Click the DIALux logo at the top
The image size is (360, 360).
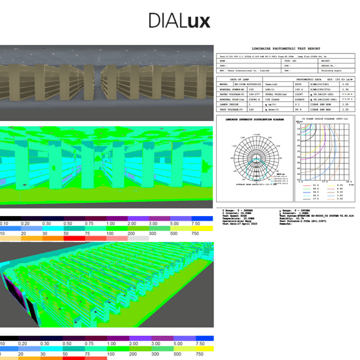179,21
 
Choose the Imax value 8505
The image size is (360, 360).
298,84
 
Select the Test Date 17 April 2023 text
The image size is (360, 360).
241,226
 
